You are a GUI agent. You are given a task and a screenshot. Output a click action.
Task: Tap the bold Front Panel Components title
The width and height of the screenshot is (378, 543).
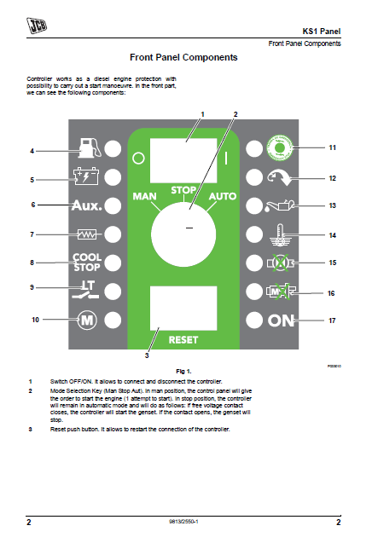[x=183, y=58]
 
